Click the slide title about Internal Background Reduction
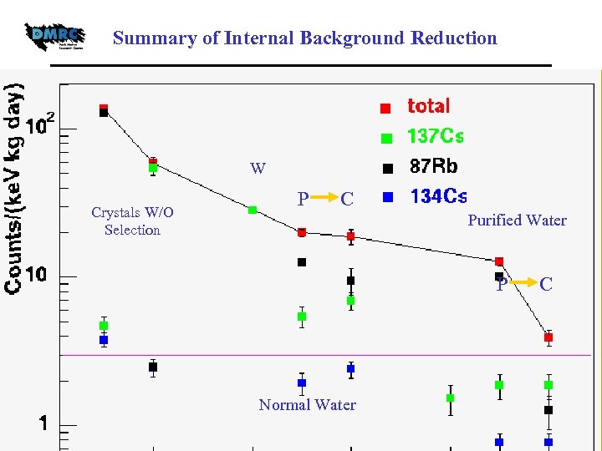[x=304, y=38]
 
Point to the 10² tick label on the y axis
[x=41, y=126]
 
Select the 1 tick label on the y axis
[x=42, y=423]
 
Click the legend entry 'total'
[x=428, y=106]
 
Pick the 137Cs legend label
[x=435, y=135]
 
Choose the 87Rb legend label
[x=433, y=166]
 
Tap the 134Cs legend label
[x=438, y=196]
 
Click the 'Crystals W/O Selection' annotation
[x=132, y=221]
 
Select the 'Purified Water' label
[x=517, y=220]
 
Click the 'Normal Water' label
[x=307, y=405]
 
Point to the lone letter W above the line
[x=258, y=169]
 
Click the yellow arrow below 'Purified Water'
[x=524, y=284]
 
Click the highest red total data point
[x=104, y=109]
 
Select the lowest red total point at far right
[x=548, y=337]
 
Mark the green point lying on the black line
[x=253, y=210]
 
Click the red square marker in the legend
[x=385, y=108]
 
